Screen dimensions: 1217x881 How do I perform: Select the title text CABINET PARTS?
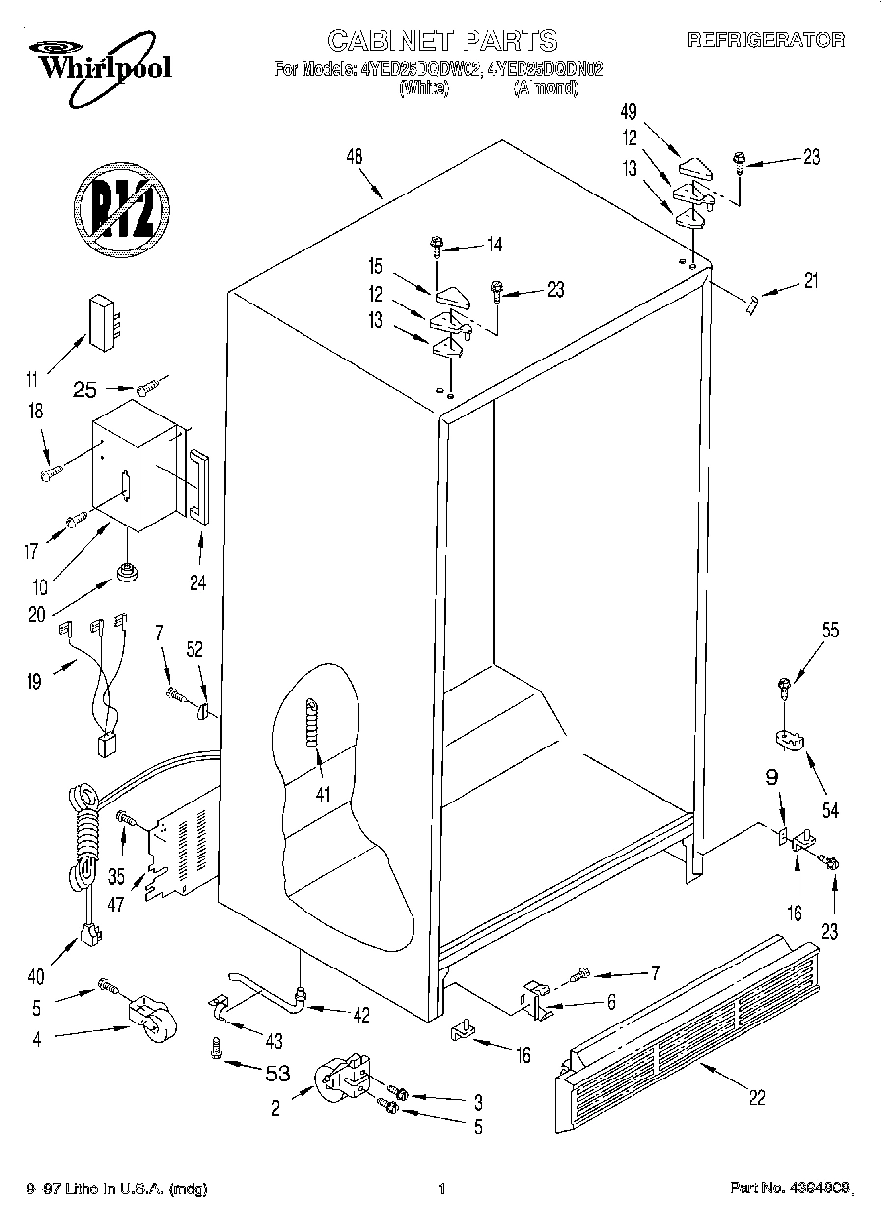(441, 40)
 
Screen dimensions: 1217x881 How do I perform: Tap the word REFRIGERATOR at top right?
(765, 40)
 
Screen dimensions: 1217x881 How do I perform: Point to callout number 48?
(356, 156)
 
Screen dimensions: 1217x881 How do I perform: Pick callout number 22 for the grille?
(756, 1098)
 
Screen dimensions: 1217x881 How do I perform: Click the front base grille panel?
(688, 1031)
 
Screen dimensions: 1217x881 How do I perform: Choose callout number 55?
(830, 632)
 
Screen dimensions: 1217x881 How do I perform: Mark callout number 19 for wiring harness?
(34, 681)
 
